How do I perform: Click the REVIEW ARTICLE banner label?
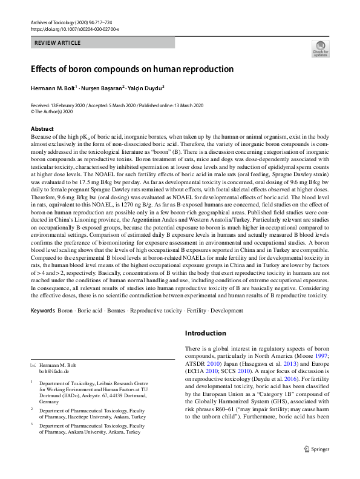[58, 43]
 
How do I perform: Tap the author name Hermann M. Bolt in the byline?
[53, 88]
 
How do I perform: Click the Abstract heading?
[42, 129]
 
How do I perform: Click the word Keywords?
[42, 311]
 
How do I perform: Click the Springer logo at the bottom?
[316, 466]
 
